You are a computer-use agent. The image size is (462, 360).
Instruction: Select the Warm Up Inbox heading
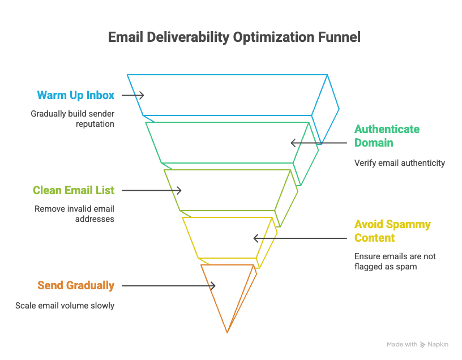[x=75, y=95]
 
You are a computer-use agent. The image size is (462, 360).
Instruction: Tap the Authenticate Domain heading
[x=387, y=136]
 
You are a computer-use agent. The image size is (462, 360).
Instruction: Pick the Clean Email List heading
[x=73, y=191]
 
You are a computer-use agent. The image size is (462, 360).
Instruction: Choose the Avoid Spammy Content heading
[x=392, y=231]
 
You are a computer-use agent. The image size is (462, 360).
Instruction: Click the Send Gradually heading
[x=75, y=286]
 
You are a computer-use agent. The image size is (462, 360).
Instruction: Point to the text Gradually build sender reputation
[x=72, y=118]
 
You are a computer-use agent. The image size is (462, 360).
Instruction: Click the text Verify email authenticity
[x=400, y=163]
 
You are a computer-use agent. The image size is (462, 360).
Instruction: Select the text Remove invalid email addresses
[x=74, y=213]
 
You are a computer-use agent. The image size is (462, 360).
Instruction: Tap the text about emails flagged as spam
[x=395, y=261]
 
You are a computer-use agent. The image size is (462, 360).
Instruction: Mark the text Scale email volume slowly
[x=65, y=306]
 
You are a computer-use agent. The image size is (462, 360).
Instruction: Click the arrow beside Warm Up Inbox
[x=132, y=95]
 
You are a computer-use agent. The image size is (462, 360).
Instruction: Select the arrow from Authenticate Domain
[x=318, y=143]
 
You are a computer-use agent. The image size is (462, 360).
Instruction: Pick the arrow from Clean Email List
[x=152, y=191]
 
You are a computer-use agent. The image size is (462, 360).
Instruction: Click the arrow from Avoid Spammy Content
[x=300, y=238]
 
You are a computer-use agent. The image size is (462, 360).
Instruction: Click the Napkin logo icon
[x=422, y=345]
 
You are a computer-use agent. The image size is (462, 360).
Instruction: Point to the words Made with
[x=402, y=345]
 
